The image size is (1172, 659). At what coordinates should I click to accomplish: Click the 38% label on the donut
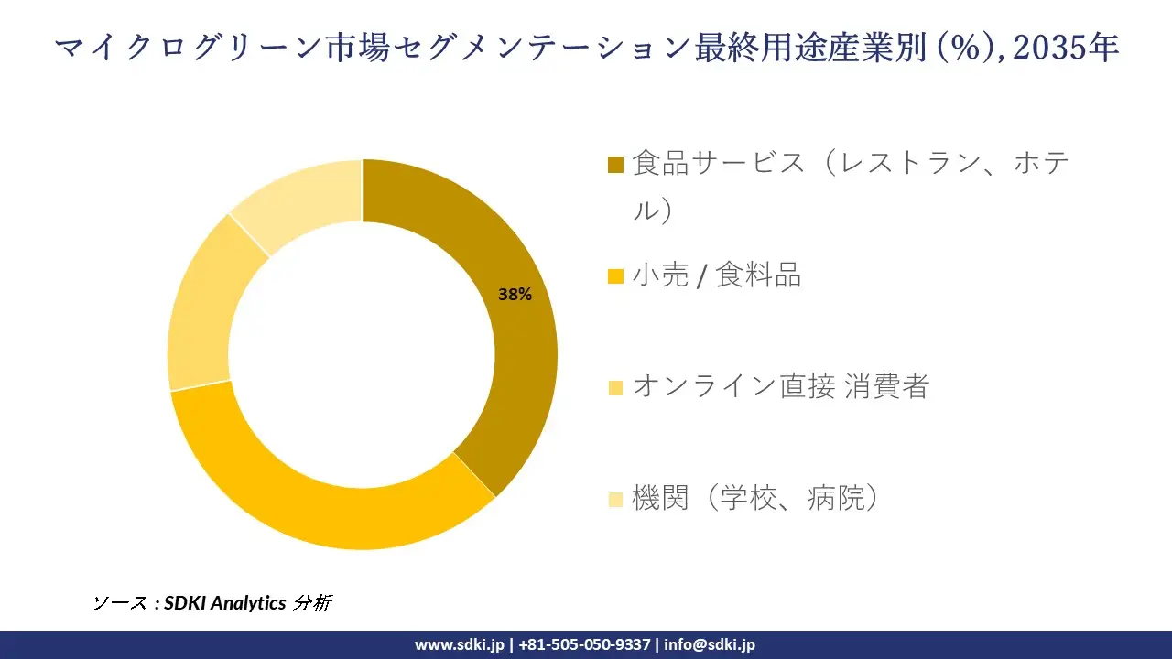tap(515, 295)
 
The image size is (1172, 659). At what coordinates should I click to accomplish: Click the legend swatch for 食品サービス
tap(615, 165)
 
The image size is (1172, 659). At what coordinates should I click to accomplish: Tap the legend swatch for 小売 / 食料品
tap(615, 275)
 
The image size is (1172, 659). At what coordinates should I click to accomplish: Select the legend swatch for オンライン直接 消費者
tap(615, 387)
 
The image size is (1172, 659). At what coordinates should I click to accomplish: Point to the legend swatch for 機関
tap(615, 499)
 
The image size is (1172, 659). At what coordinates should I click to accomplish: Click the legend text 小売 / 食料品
tap(717, 275)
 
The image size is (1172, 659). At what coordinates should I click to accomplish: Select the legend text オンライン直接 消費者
tap(780, 386)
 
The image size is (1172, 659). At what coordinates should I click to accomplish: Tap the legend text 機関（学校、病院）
tap(755, 498)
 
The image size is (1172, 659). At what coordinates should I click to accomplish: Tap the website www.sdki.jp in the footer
tap(460, 644)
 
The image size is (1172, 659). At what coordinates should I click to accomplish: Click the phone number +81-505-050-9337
tap(584, 644)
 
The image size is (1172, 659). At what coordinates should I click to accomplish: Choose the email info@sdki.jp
tap(710, 644)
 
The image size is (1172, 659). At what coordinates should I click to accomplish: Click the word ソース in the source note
tap(119, 603)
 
